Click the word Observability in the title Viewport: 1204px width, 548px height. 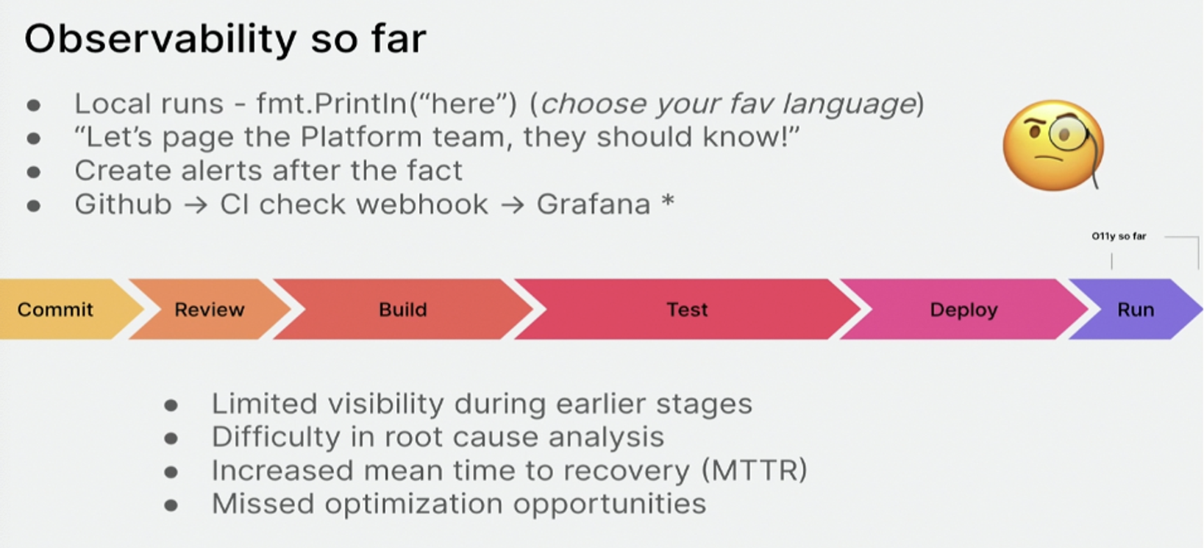[x=160, y=39]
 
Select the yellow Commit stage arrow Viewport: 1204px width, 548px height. [x=65, y=309]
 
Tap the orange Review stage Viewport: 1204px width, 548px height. [x=210, y=309]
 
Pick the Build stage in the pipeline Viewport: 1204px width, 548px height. [x=402, y=309]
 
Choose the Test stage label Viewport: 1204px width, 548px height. [x=687, y=309]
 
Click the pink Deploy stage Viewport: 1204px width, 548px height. [x=963, y=309]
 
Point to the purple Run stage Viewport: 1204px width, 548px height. [x=1135, y=309]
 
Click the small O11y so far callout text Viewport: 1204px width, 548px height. [x=1119, y=236]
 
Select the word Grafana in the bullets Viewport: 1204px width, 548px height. [x=594, y=204]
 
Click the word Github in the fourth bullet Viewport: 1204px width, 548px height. [x=123, y=204]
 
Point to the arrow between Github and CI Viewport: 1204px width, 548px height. [x=196, y=205]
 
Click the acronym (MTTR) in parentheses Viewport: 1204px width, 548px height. [x=754, y=470]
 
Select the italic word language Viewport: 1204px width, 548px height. [x=849, y=104]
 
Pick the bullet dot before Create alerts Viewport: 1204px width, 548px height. [x=34, y=172]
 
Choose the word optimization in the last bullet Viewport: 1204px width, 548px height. [x=414, y=504]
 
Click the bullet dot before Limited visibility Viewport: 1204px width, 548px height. [x=171, y=405]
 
